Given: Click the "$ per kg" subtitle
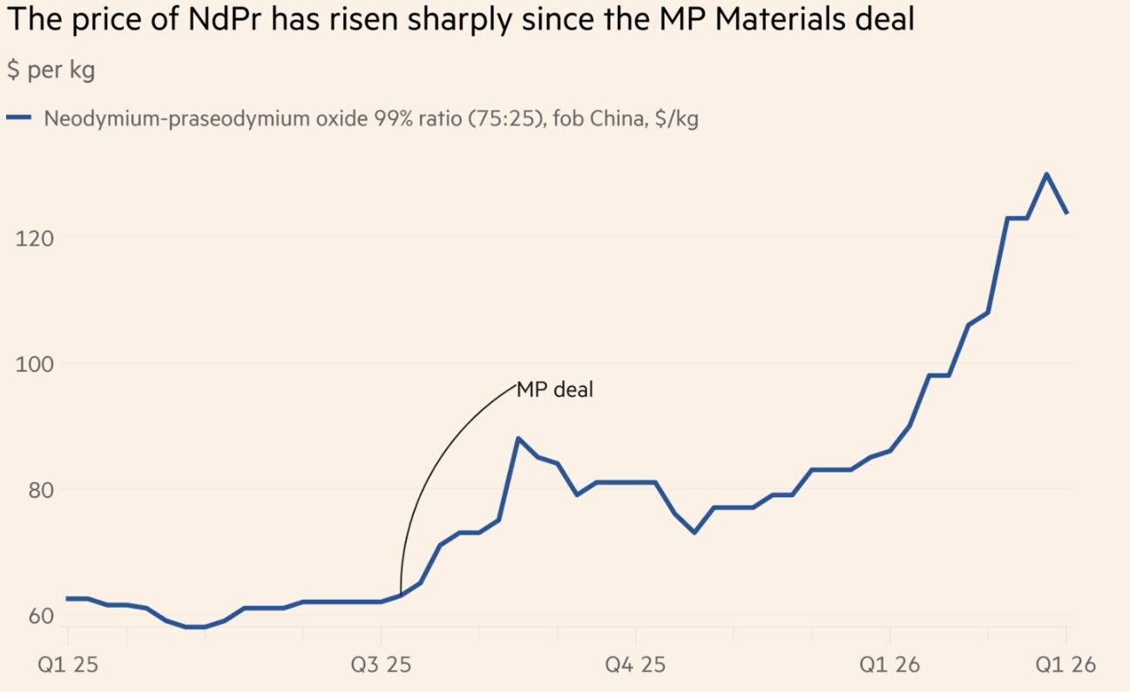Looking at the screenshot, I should click(x=51, y=71).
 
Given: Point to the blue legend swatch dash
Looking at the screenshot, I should click(x=19, y=118).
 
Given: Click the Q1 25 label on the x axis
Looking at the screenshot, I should click(x=67, y=665).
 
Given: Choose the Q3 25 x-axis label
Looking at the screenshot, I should click(x=382, y=665).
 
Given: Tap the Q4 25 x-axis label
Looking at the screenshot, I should click(x=636, y=665).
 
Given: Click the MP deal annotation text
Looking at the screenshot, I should click(x=555, y=390).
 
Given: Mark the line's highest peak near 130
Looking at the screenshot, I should click(x=1046, y=174).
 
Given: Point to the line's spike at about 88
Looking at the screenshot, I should click(x=518, y=439).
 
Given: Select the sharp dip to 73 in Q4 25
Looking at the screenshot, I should click(x=694, y=532).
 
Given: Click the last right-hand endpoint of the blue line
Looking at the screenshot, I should click(x=1066, y=212).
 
